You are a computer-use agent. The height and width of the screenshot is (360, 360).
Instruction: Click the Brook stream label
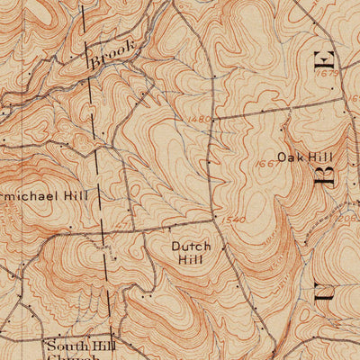tap(112, 56)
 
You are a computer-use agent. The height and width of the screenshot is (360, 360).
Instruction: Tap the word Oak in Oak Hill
tap(290, 157)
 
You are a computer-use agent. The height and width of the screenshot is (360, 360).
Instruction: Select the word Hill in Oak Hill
tap(319, 157)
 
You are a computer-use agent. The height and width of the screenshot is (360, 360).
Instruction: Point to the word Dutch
tap(190, 246)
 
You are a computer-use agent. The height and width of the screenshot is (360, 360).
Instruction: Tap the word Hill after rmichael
tap(83, 194)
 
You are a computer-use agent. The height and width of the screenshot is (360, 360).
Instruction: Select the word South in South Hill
tap(68, 345)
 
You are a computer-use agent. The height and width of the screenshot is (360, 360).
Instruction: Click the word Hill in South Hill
tap(107, 345)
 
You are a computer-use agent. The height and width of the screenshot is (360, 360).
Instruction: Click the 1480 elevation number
tap(201, 120)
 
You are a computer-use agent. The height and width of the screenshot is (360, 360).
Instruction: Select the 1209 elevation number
tap(349, 219)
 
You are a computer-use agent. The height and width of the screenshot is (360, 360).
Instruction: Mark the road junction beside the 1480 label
tap(214, 117)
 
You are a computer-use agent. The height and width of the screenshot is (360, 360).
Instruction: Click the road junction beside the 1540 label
tap(216, 219)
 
